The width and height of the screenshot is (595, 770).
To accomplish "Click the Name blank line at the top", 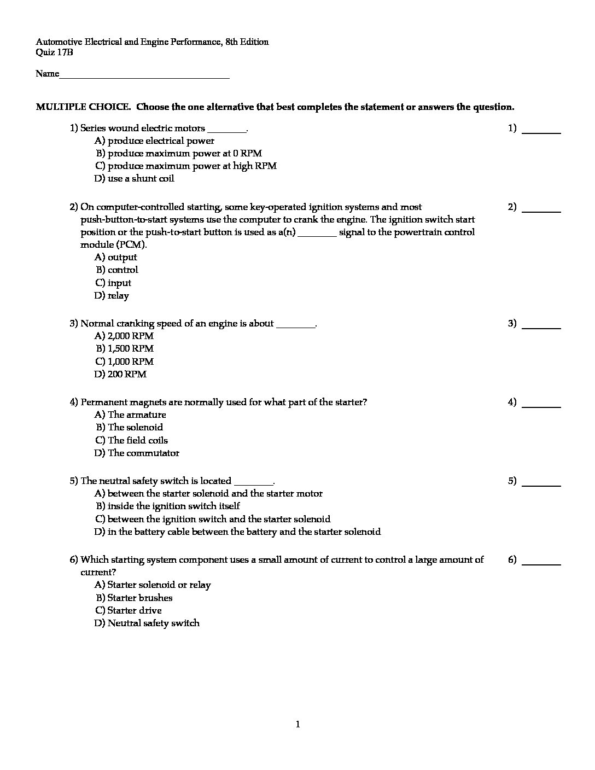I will coord(144,77).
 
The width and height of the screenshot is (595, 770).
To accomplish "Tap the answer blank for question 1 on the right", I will coord(541,131).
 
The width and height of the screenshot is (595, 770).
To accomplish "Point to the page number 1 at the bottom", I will coord(297,725).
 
